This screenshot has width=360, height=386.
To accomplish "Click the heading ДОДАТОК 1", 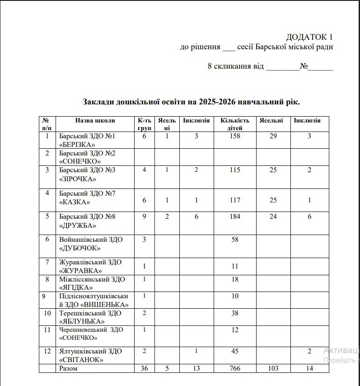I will pos(309,37).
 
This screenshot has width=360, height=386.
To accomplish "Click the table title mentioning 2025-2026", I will pos(192,102).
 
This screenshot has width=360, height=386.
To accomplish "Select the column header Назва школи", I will pos(95,121).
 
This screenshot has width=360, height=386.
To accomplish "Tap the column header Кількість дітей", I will pos(235,124).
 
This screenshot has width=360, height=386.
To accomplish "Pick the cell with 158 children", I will pos(235,136).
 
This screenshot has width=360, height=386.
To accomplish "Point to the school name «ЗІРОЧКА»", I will pos(78,179).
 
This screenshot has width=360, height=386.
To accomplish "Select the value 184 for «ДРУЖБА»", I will pos(235,217).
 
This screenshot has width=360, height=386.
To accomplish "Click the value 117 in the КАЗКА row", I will pos(235,200).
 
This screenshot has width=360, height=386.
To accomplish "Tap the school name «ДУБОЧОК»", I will pos(80,248).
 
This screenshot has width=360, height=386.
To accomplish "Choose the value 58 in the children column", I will pos(235,240).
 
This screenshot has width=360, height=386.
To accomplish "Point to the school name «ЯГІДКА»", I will pos(76,287).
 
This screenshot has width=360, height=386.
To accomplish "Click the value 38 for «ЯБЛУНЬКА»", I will pos(235,313).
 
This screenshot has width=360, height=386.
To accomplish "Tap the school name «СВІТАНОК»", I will pos(81,360).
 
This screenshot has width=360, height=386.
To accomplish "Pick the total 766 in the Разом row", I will pos(235,368).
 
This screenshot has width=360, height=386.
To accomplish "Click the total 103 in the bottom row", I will pos(273,368).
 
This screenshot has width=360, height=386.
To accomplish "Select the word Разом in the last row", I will pos(68,368).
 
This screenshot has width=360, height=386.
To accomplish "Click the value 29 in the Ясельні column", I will pos(273,136).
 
